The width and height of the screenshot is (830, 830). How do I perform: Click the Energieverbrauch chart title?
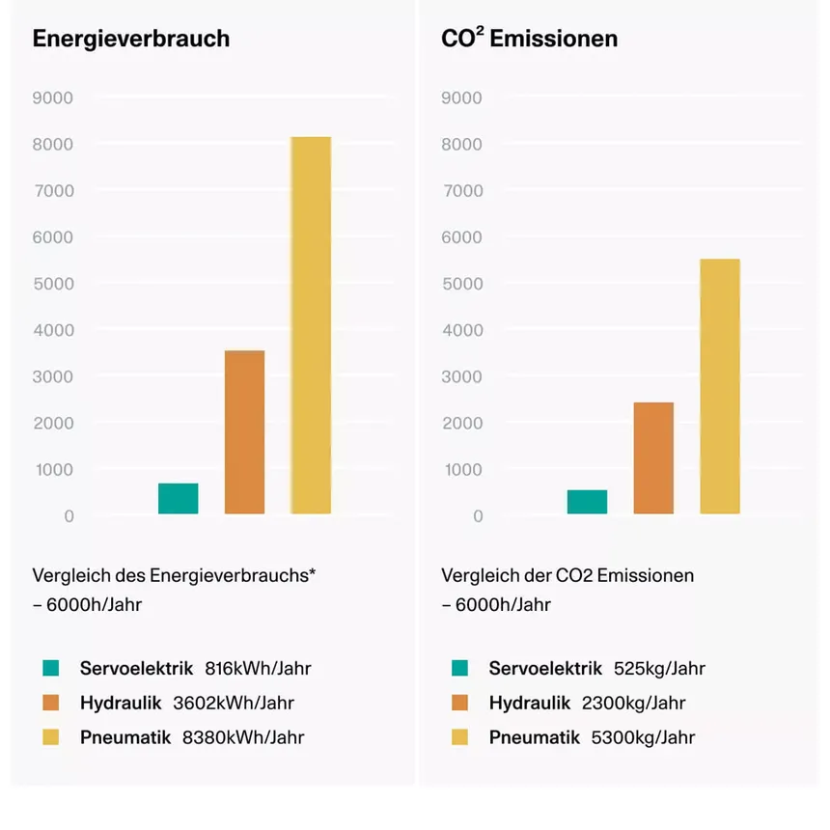131,40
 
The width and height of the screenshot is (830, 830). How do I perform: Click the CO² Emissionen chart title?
529,40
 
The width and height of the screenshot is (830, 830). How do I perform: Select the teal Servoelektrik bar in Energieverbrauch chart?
179,499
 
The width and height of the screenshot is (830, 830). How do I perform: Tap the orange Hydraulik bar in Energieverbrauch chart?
244,432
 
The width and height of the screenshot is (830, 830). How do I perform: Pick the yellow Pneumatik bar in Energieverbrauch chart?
311,325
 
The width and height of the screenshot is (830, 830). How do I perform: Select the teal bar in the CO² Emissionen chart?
587,502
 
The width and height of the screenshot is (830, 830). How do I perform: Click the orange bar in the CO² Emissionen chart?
653,458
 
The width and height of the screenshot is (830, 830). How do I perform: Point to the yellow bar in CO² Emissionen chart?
720,386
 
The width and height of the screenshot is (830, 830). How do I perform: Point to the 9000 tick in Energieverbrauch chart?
55,97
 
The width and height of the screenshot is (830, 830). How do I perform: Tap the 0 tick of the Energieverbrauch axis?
69,516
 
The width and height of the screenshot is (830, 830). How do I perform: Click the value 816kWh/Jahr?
258,668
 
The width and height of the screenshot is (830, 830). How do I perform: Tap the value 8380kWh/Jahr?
243,737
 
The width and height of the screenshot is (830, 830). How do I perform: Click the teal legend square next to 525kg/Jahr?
459,668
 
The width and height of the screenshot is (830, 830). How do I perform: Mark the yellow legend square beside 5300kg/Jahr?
459,737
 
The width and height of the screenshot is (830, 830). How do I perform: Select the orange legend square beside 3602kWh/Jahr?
51,703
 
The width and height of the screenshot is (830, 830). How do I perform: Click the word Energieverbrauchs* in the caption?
234,576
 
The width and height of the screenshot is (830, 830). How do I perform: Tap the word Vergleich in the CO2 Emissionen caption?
478,576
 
